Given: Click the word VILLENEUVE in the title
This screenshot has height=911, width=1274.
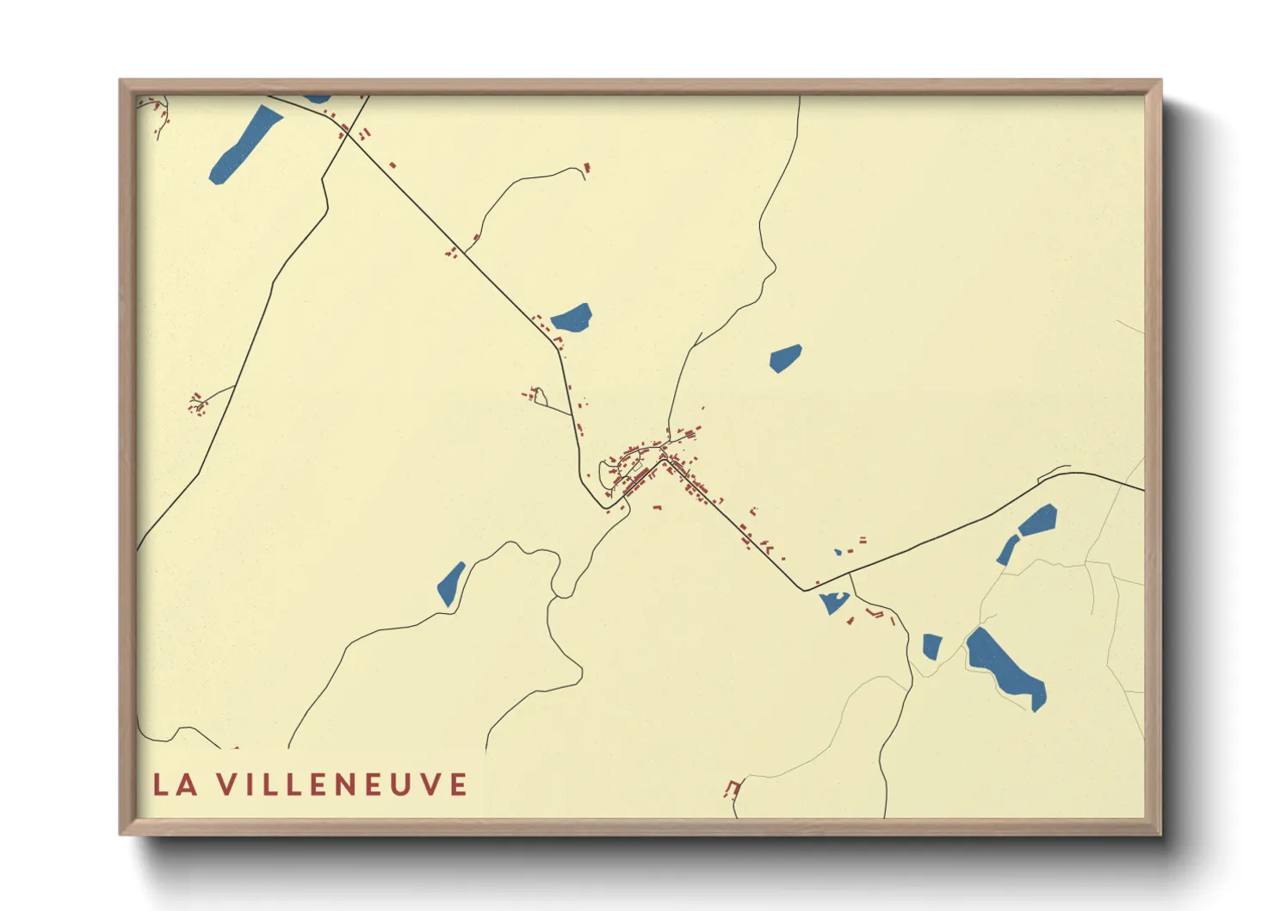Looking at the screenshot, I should [x=342, y=784].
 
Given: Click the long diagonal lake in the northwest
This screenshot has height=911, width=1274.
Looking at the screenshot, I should [x=244, y=145].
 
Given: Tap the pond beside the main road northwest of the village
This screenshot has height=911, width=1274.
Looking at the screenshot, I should [x=572, y=319].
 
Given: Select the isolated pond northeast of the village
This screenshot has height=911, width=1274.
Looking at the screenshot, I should [x=784, y=357].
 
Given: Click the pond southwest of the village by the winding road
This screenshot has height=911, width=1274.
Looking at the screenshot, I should [x=450, y=583].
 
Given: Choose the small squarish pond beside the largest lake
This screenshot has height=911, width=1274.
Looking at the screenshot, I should [x=931, y=646].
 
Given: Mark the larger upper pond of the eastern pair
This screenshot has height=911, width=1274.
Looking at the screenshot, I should [x=1038, y=520].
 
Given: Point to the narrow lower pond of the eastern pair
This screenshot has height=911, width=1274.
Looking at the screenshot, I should [x=1006, y=550].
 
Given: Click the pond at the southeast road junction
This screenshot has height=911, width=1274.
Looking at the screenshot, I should [x=833, y=602].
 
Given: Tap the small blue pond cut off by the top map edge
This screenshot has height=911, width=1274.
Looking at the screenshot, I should [x=317, y=99].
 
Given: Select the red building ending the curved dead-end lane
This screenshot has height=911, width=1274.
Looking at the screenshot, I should [x=588, y=167].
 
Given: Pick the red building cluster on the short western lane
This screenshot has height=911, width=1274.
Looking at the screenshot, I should [x=198, y=403].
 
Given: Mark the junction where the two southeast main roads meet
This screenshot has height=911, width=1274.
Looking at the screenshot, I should [x=805, y=591].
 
